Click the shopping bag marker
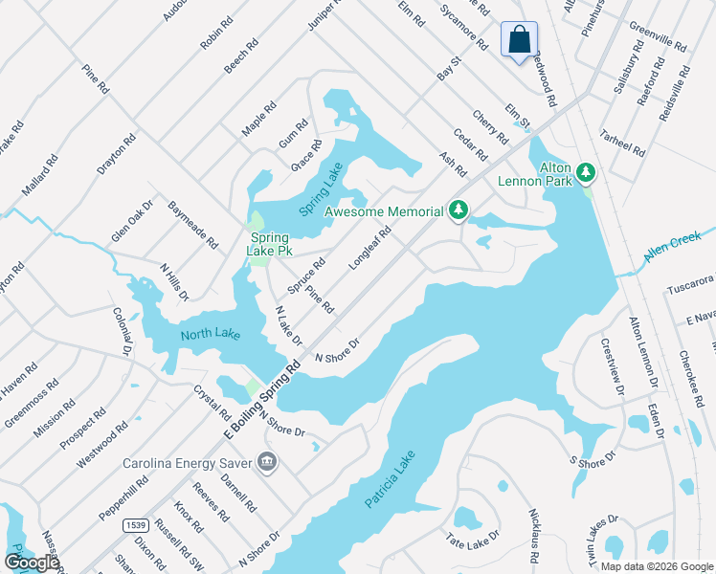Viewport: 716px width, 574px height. tap(519, 41)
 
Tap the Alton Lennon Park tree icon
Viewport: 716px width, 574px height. tap(585, 173)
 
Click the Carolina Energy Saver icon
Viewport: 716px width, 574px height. tap(269, 464)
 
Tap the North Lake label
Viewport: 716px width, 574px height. tap(211, 334)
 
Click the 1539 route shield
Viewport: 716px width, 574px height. tap(136, 524)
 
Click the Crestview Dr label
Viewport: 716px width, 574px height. tap(612, 364)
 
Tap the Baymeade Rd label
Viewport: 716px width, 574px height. tap(192, 225)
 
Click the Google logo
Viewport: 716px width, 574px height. tap(32, 563)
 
